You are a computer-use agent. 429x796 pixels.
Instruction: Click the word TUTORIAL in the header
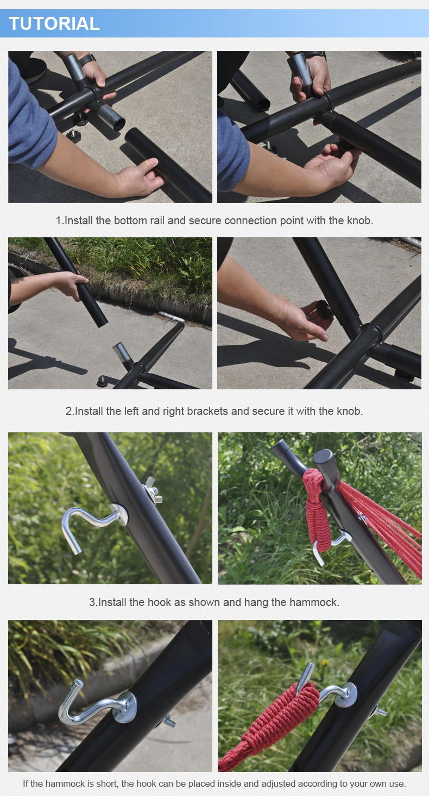pos(54,23)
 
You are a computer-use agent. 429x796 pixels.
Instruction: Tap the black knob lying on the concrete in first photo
pos(73,136)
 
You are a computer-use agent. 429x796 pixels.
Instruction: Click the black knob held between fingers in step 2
pos(324,309)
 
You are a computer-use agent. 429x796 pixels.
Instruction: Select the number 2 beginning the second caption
pos(69,411)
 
